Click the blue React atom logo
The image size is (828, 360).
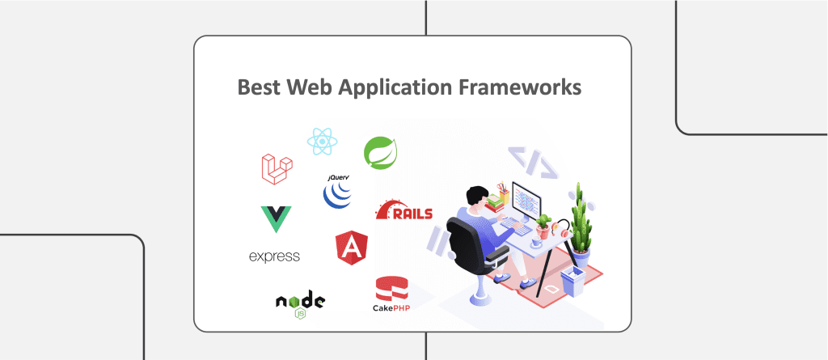321,142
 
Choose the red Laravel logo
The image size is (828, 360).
276,167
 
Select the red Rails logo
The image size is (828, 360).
403,211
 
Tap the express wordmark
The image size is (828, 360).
274,257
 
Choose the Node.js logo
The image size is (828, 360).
300,303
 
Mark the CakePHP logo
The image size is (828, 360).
391,295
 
